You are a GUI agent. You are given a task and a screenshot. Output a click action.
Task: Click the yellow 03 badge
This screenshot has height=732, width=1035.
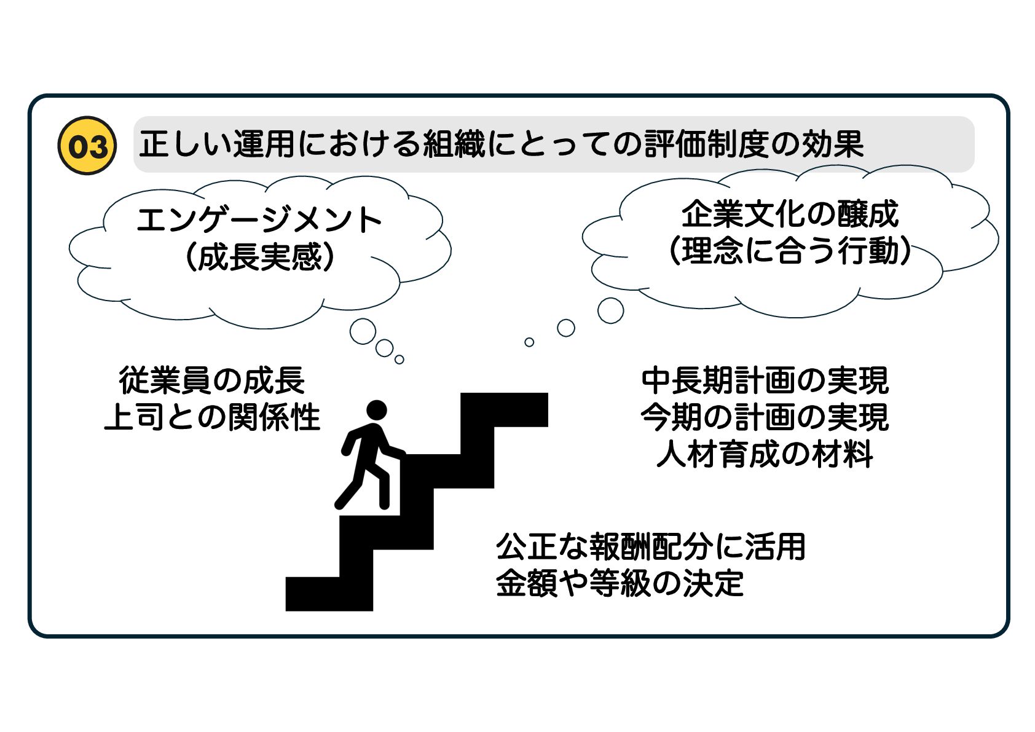point(87,146)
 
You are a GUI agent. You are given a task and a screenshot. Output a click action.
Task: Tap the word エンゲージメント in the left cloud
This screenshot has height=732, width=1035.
point(259,220)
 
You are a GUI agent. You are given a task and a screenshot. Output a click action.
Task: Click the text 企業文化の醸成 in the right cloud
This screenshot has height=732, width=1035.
point(790,214)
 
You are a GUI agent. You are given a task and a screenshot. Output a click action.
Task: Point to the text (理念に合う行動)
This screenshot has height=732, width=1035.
point(790,251)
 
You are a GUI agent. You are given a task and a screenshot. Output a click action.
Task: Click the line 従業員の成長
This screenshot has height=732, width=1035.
point(212,380)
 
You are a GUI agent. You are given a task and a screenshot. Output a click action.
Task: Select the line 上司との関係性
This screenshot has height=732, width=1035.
point(212,417)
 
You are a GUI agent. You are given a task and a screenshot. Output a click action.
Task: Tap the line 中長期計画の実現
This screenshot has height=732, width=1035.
point(765,380)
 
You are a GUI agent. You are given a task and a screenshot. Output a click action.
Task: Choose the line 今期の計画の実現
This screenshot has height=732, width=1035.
point(765,417)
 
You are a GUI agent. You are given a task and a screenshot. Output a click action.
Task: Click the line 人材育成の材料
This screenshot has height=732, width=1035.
point(765,454)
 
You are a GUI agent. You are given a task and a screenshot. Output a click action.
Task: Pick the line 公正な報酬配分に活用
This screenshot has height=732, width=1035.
point(650,546)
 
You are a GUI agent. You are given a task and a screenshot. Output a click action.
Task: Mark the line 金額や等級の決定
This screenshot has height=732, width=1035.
point(620,583)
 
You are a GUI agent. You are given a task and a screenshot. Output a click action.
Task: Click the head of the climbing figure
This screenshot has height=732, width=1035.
point(376,410)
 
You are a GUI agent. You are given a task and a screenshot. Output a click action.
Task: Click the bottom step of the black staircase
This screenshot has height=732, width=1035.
point(328,594)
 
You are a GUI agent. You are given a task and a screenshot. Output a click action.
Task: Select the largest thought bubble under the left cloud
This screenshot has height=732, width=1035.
point(363,331)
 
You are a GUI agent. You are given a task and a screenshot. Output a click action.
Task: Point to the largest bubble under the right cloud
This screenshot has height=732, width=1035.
point(610,310)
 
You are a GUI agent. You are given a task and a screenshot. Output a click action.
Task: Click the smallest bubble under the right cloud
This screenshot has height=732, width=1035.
point(529,342)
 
